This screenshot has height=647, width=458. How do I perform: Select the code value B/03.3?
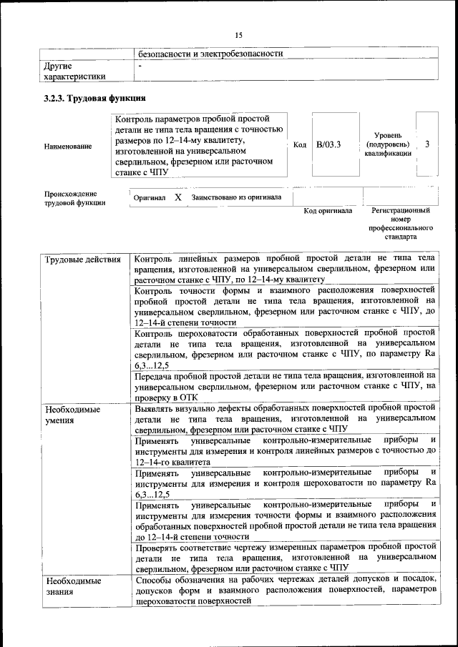pos(328,145)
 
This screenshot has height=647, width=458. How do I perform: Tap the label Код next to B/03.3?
pos(300,145)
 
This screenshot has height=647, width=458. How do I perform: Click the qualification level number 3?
pos(427,144)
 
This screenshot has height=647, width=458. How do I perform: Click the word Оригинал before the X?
pos(150,197)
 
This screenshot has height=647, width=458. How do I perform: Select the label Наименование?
pos(68,146)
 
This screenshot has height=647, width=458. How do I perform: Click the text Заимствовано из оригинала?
pos(236,197)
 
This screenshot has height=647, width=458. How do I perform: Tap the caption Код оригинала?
pos(328,211)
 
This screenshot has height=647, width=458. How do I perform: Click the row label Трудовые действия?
pos(82,259)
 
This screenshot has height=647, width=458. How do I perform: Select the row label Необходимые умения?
pos(72,415)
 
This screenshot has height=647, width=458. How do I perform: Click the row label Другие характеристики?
pos(74,71)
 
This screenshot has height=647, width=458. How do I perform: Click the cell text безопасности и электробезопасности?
pos(211,54)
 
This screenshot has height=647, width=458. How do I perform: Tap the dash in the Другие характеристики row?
pos(141,66)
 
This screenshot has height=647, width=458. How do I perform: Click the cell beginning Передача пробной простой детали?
pos(285,386)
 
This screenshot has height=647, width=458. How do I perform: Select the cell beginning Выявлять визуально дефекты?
pos(285,418)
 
